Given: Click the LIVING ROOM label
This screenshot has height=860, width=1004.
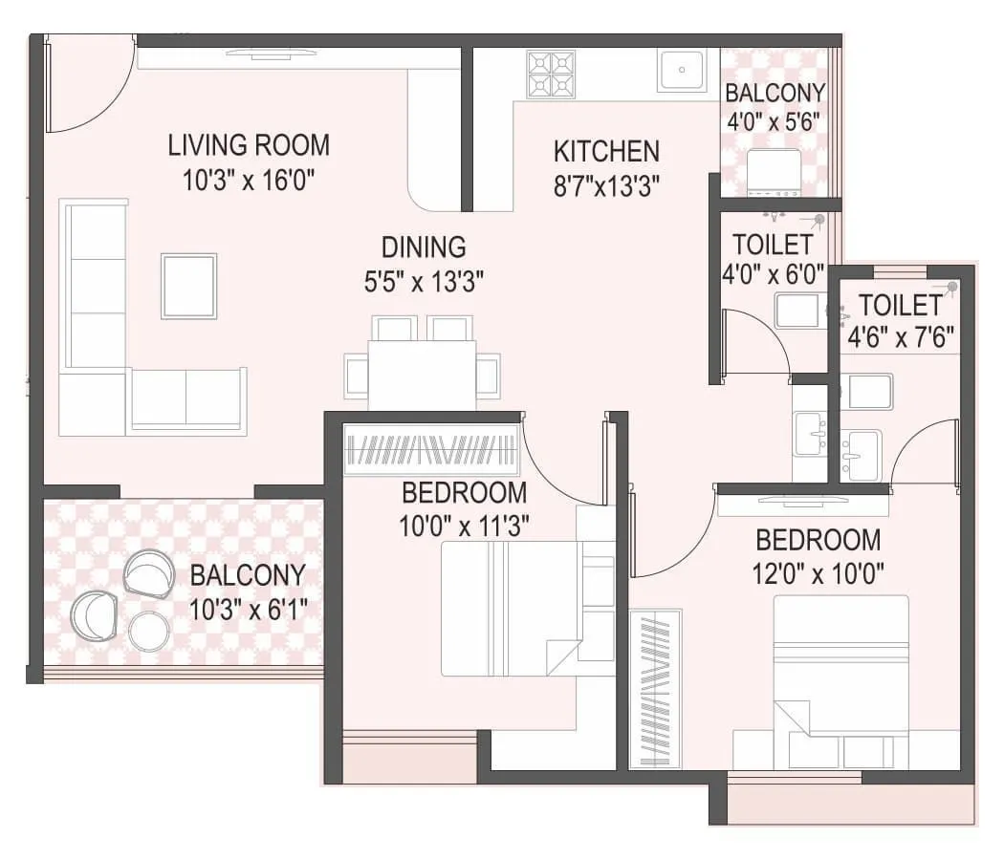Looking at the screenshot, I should coord(249,145).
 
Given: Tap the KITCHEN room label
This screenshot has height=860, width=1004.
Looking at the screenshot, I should coord(606,151).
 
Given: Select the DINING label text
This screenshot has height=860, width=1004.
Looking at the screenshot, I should coord(424,247).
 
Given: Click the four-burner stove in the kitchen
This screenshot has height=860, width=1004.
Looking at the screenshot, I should coord(552,74).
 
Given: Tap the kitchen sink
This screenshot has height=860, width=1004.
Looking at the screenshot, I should coord(682,71).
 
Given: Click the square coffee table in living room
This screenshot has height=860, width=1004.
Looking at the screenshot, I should coord(188,285).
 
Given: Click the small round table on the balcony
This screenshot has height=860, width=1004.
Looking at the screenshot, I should coord(149,631).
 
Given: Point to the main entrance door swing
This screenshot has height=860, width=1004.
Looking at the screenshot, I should coord(86,81).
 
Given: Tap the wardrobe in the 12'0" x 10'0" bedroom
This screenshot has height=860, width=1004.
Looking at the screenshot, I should coord(655,688).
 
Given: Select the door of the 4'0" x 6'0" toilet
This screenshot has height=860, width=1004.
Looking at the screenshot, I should coord(755,341).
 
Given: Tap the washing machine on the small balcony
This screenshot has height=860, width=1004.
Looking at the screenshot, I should coord(773,172).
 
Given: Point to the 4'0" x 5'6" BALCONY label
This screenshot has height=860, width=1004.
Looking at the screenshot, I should coord(775,94).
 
